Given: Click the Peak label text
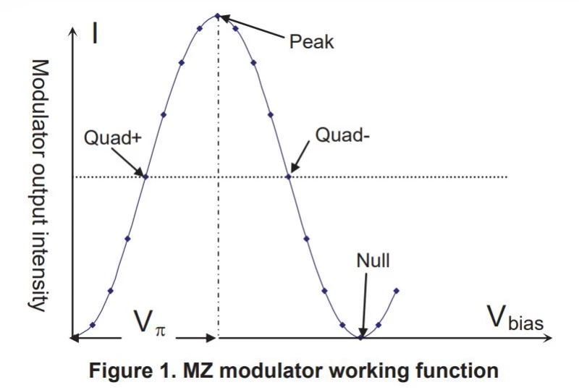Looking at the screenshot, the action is coord(311,42).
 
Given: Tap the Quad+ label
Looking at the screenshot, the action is coord(113,137).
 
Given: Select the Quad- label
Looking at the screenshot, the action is coord(342,135).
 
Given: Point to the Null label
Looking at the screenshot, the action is coord(373,260).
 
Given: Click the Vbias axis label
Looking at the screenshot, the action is coord(516,318).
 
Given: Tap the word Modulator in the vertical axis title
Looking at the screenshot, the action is coord(40,101).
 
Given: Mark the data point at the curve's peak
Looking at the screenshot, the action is coord(218,16).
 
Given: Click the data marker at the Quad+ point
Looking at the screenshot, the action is coord(146,177).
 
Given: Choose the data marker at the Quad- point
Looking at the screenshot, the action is coord(289,177).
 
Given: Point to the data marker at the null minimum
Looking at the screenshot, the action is coord(360,337).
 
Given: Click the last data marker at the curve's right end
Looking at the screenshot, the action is coord(396,291).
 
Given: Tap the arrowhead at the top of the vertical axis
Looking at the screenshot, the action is coord(74,31).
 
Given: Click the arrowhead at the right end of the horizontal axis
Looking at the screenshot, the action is coord(547,338).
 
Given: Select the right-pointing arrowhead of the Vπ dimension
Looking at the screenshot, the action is coord(211,338).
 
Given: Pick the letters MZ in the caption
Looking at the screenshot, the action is coord(198,370).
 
